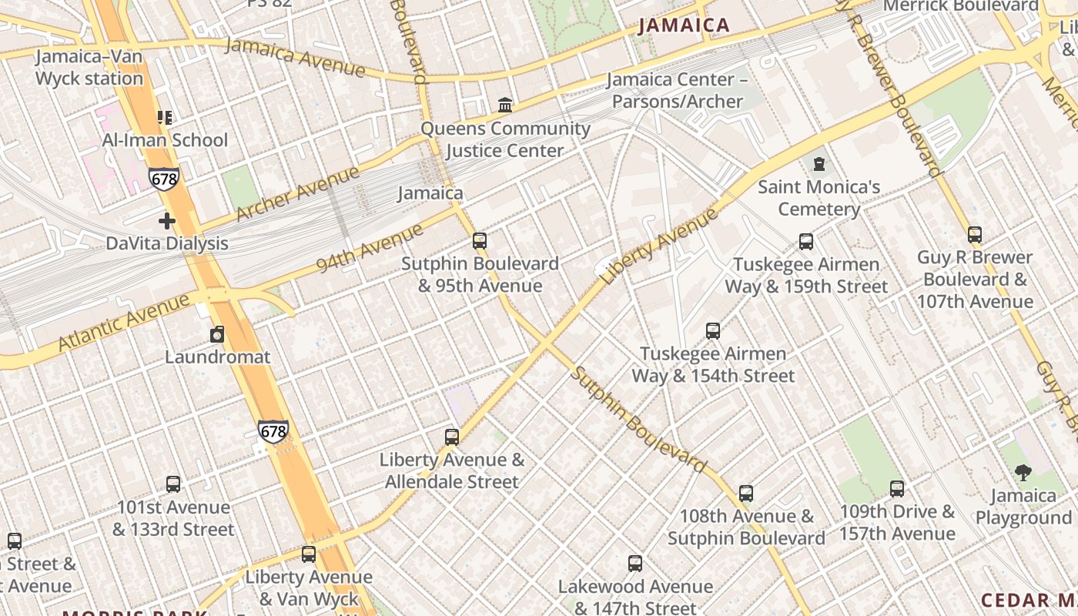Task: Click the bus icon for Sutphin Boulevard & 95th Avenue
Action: (480, 241)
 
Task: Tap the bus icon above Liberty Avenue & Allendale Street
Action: (452, 437)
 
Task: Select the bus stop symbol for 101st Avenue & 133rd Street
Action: (173, 484)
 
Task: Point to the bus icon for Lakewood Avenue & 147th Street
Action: (635, 564)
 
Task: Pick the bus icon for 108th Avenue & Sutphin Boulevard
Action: (745, 494)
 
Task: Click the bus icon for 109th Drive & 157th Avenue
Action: (897, 489)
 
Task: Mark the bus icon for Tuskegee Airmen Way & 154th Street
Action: (713, 331)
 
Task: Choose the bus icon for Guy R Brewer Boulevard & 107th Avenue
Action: (975, 235)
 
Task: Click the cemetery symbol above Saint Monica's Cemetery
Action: (819, 164)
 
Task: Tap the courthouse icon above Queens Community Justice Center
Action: (505, 105)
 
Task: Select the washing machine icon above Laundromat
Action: (218, 334)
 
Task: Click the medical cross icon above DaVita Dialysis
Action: (167, 221)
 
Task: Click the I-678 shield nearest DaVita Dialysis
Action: (164, 179)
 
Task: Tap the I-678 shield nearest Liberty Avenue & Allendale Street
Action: (273, 431)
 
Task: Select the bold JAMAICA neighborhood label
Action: (684, 25)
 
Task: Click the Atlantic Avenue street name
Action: (122, 322)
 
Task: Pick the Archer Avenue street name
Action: (297, 193)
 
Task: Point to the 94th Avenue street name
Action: (370, 249)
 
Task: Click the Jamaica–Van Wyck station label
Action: (89, 68)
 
